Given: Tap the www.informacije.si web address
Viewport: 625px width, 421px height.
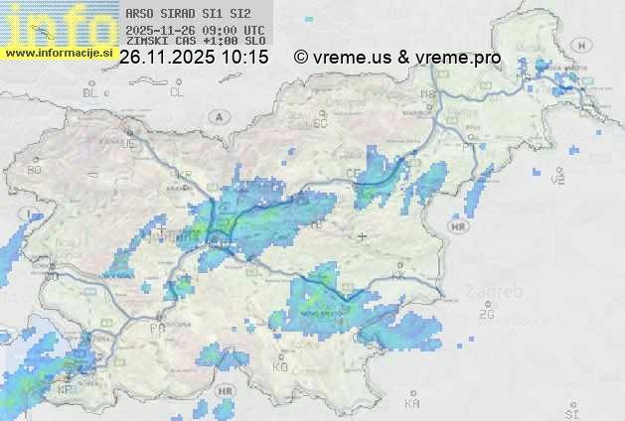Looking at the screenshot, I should (59, 53).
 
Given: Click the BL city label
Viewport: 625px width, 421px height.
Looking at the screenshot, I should (91, 92).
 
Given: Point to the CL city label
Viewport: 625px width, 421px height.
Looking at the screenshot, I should (178, 92).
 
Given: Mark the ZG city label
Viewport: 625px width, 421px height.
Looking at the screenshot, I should (487, 315).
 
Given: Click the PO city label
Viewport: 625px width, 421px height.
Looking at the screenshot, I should (156, 327).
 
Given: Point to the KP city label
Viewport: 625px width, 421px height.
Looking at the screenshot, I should (66, 389).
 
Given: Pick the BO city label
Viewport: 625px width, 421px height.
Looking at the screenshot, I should (35, 170).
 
